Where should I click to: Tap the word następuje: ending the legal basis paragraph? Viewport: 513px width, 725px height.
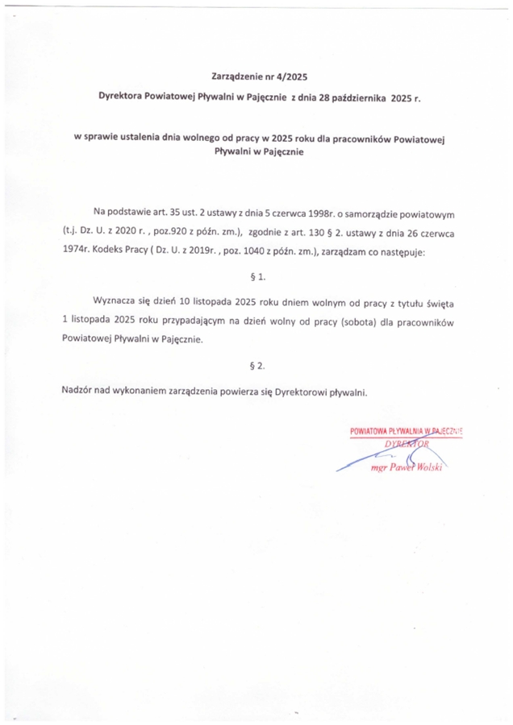pos(408,253)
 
